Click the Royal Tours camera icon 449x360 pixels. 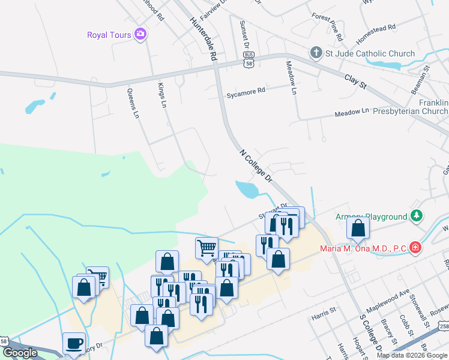tap(141, 34)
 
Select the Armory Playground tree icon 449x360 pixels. tap(415, 216)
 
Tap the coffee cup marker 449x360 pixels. tap(74, 344)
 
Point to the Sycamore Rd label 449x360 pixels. tap(246, 93)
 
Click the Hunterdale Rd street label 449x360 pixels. tap(202, 38)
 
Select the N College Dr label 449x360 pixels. tap(256, 166)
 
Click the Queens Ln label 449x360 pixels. tap(133, 103)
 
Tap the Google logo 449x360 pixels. tap(20, 353)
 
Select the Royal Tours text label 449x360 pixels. tap(109, 35)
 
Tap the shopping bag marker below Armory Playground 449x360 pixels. tap(358, 229)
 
